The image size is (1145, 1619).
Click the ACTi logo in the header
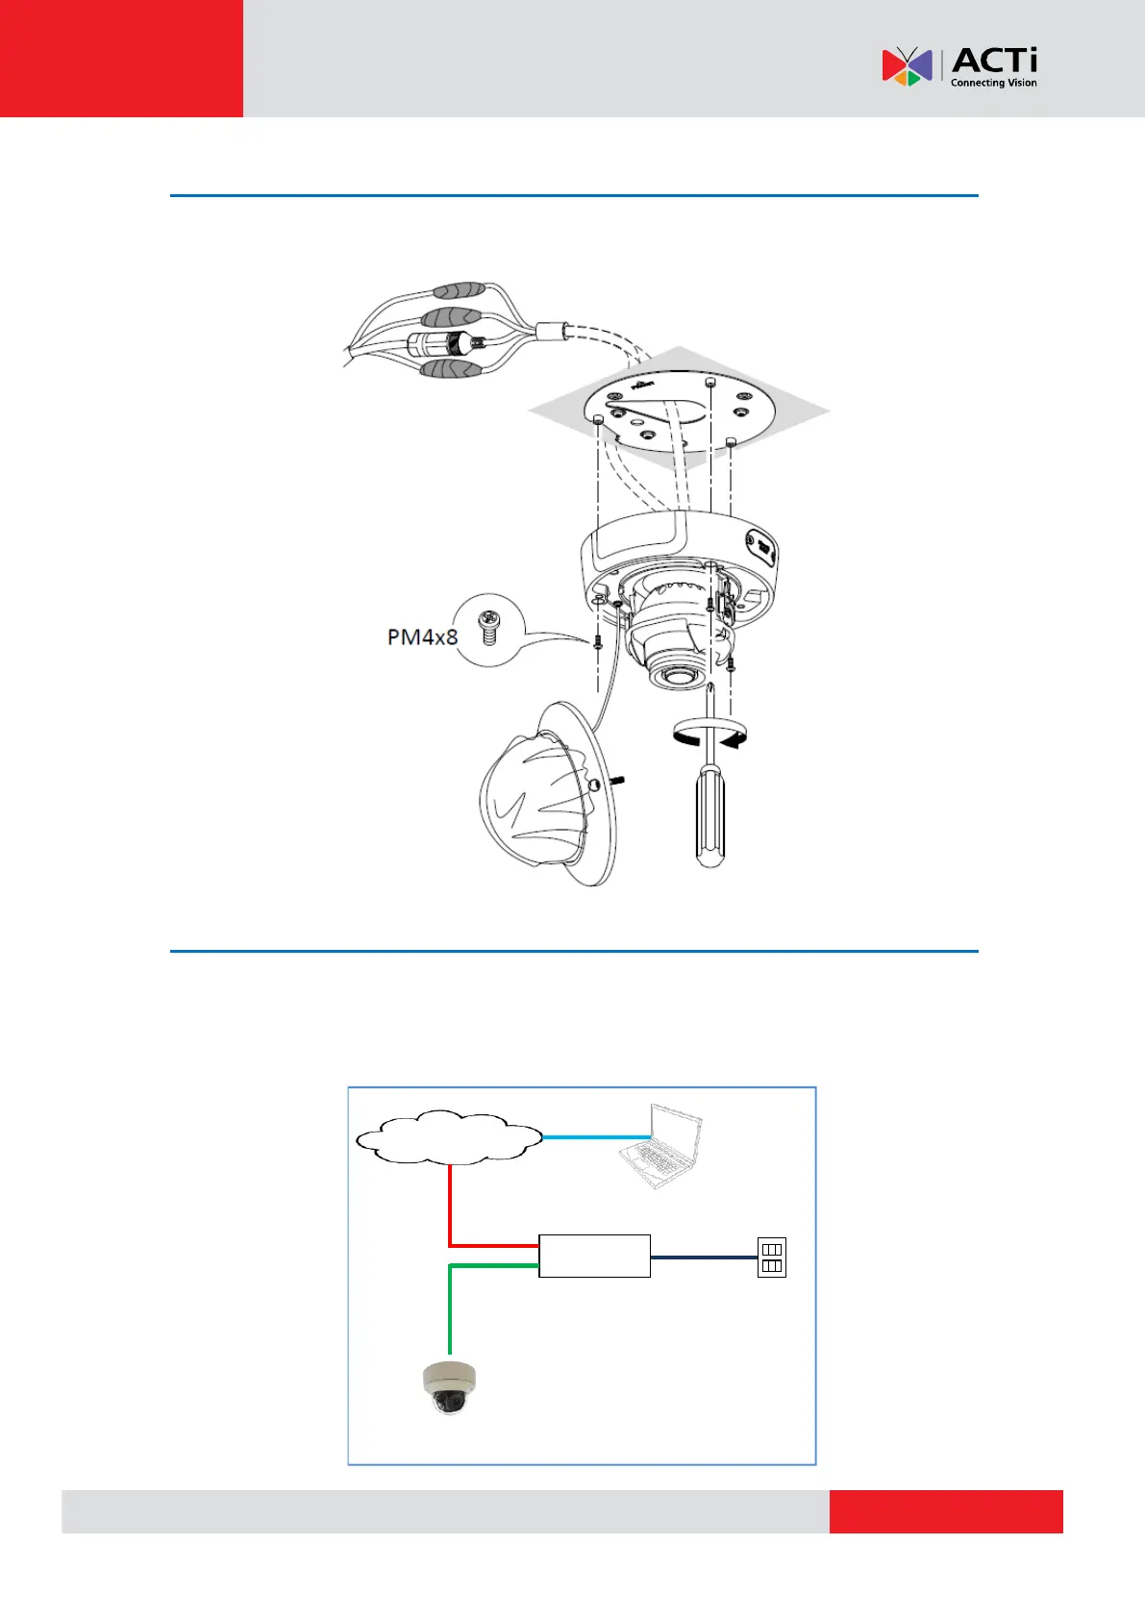958,66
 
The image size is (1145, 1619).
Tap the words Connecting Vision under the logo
993,84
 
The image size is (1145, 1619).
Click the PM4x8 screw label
422,636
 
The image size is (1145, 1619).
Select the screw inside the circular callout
490,629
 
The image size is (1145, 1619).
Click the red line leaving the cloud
450,1211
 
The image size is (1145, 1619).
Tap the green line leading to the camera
450,1308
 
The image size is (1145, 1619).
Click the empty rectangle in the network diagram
594,1256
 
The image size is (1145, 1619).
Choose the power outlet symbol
772,1258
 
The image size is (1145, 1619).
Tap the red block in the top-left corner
121,58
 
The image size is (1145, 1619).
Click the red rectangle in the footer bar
946,1511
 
